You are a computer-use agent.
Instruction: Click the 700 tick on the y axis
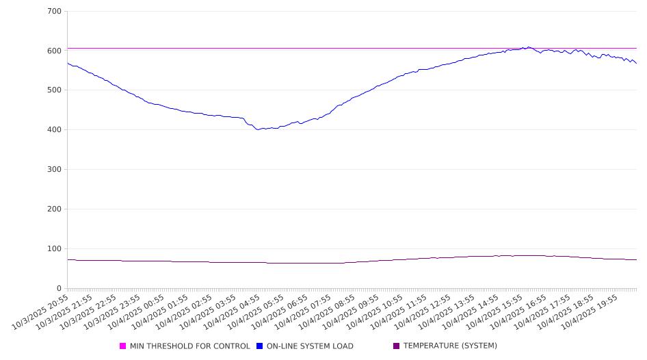click(x=54, y=12)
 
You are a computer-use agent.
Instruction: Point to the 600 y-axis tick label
click(x=54, y=51)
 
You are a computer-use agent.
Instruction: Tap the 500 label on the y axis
click(x=54, y=90)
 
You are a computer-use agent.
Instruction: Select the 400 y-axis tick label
click(x=54, y=130)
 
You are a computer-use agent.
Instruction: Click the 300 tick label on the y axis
click(x=54, y=170)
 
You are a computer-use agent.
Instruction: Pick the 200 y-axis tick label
click(x=54, y=209)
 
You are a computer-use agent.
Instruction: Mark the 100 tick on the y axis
click(x=54, y=249)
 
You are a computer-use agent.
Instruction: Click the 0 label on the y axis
click(x=59, y=288)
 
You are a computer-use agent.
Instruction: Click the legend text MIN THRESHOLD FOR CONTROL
click(x=189, y=346)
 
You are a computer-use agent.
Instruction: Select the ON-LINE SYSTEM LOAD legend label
click(x=310, y=346)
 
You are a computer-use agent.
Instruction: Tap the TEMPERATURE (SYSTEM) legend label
click(x=450, y=346)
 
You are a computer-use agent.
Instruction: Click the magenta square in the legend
click(x=123, y=346)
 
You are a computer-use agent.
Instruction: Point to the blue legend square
click(x=260, y=346)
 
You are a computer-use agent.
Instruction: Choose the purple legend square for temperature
click(x=397, y=346)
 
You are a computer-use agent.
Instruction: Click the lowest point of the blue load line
click(x=258, y=129)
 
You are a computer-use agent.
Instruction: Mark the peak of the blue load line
click(x=528, y=47)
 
